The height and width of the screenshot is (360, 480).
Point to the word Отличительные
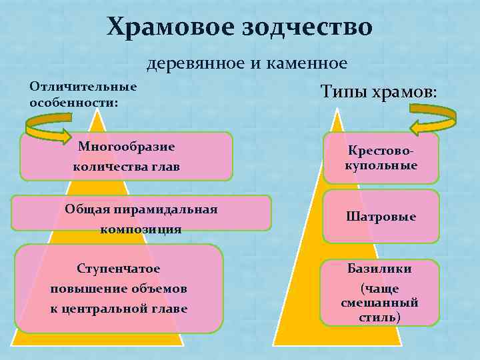tap(83, 87)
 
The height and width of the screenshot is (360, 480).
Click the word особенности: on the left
tap(74, 103)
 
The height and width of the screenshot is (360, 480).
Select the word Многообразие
tap(126, 147)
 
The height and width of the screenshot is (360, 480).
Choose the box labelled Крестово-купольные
tap(381, 158)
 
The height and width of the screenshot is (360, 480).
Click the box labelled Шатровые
tap(381, 217)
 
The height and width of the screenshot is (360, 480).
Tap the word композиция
tap(141, 229)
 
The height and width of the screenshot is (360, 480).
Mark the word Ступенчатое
tap(119, 269)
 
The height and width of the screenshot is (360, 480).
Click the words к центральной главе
tap(119, 309)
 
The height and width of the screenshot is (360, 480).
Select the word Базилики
tap(379, 269)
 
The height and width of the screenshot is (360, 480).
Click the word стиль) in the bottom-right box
tap(379, 317)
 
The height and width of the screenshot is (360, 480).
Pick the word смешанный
tap(379, 302)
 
